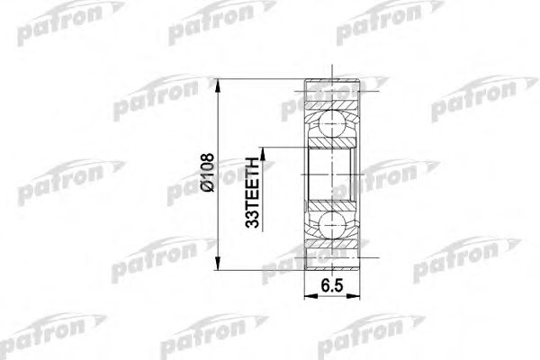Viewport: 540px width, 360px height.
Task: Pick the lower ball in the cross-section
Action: [x=332, y=225]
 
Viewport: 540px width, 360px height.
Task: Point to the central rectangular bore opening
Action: [x=332, y=175]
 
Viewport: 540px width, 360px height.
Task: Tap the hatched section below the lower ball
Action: [x=332, y=256]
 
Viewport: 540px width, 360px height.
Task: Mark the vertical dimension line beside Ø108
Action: [x=219, y=135]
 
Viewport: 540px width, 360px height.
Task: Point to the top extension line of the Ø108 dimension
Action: [x=261, y=80]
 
